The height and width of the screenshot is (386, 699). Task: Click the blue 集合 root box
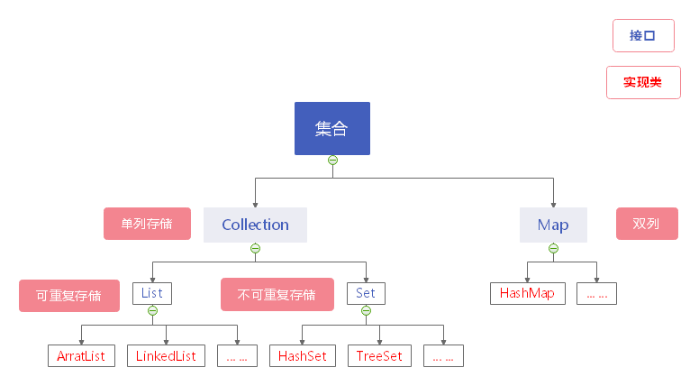pos(331,128)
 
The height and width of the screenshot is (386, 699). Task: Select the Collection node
pos(255,225)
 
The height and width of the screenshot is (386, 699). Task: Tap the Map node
pos(553,225)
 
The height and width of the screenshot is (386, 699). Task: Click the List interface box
pos(151,293)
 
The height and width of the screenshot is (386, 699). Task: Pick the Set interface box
pos(366,293)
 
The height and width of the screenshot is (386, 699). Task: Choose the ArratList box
pos(82,355)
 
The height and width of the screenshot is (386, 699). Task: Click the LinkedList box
pos(166,355)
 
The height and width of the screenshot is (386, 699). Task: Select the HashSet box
pos(302,355)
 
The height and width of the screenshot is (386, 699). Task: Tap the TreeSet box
pos(378,355)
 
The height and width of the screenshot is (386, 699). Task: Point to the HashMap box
pos(527,293)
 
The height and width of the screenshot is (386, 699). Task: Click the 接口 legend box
pos(642,36)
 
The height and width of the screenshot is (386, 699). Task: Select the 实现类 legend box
pos(642,82)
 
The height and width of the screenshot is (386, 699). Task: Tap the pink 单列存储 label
pos(147,224)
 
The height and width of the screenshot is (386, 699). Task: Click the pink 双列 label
pos(646,224)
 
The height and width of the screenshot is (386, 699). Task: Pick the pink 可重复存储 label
pos(68,295)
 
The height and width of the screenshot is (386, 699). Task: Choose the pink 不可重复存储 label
pos(277,294)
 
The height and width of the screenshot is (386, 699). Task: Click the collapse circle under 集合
pos(332,161)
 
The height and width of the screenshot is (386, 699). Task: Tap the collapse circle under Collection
pos(255,248)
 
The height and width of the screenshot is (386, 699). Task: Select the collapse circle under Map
pos(553,248)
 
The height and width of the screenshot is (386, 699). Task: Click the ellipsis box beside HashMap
pos(596,293)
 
